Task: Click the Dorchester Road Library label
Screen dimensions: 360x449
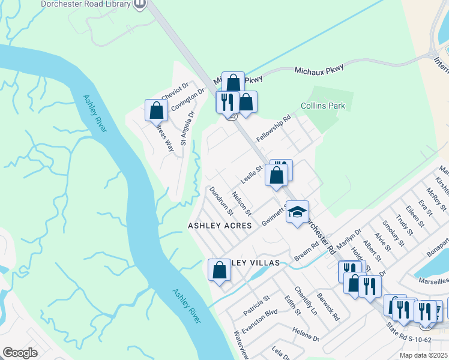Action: point(86,4)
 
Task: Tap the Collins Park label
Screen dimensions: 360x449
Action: point(323,106)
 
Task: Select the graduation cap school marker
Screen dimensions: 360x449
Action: point(297,212)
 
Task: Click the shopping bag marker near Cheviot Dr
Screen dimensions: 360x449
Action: point(156,110)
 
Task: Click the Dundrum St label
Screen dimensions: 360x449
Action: point(221,200)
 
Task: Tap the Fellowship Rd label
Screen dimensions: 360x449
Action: point(273,128)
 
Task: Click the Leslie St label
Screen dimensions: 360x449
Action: point(252,175)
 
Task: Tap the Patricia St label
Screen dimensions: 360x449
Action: point(257,305)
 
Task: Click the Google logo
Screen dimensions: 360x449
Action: point(20,353)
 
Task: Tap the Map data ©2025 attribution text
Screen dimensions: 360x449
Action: point(423,355)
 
